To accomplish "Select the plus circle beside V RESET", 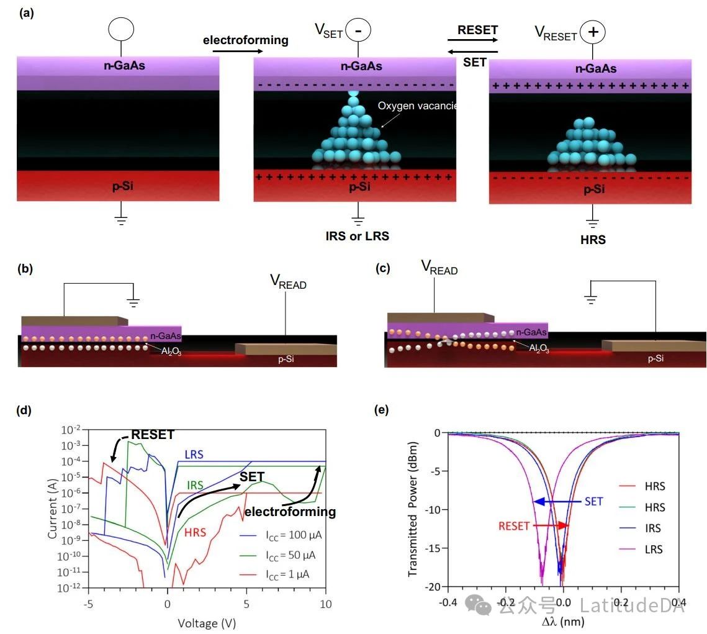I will pyautogui.click(x=593, y=32).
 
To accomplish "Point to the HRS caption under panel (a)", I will pyautogui.click(x=593, y=239).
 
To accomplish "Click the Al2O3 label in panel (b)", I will pyautogui.click(x=167, y=352).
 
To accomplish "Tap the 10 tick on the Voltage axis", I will pyautogui.click(x=326, y=603).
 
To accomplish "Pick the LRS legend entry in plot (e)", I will pyautogui.click(x=653, y=549).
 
